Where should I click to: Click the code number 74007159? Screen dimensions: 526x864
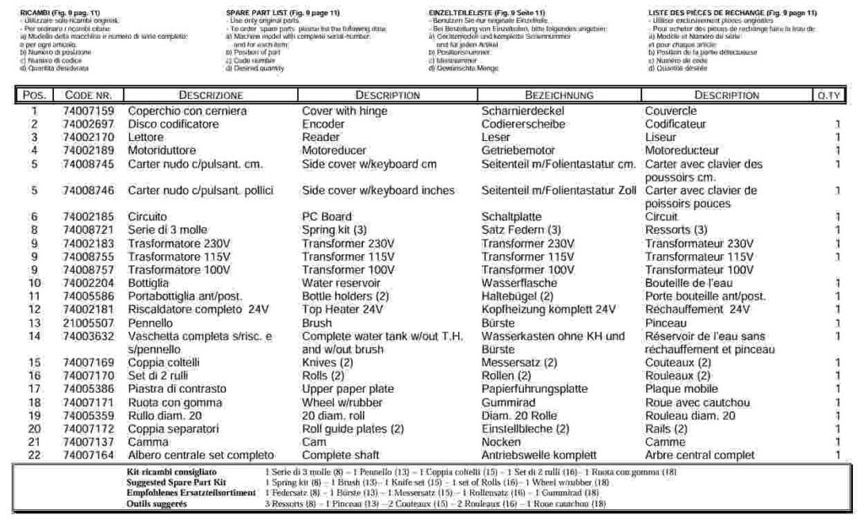pyautogui.click(x=88, y=111)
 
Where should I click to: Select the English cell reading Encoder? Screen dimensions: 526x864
pyautogui.click(x=323, y=124)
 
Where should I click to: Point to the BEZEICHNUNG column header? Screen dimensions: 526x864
pyautogui.click(x=559, y=95)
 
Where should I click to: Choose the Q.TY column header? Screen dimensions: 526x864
pyautogui.click(x=829, y=95)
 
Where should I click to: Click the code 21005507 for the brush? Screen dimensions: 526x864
pyautogui.click(x=88, y=323)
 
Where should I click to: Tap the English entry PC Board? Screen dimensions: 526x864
pyautogui.click(x=327, y=217)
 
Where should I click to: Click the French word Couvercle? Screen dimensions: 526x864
pyautogui.click(x=671, y=111)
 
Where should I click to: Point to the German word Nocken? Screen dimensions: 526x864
pyautogui.click(x=501, y=442)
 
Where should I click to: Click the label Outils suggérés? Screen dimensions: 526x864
pyautogui.click(x=156, y=503)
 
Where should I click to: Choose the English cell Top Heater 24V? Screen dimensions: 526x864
pyautogui.click(x=337, y=309)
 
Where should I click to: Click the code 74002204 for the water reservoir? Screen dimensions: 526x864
pyautogui.click(x=88, y=283)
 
